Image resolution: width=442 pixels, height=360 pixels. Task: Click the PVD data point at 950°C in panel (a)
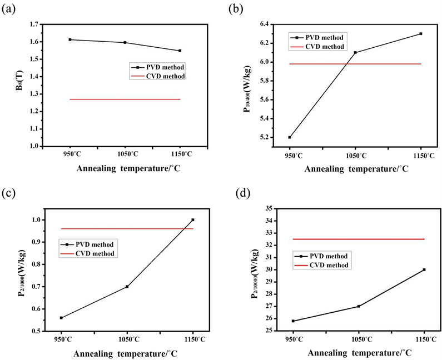[x=70, y=39]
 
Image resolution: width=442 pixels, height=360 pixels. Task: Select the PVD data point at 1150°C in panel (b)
[x=421, y=34]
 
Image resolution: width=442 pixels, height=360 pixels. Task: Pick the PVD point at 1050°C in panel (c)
[x=127, y=286]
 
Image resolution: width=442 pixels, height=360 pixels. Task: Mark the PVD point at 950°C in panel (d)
[x=293, y=321]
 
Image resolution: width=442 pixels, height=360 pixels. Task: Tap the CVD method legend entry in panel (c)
[x=92, y=253]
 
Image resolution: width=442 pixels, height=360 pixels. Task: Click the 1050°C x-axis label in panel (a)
[x=125, y=153]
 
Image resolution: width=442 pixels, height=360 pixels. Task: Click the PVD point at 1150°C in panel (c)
[x=193, y=220]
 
